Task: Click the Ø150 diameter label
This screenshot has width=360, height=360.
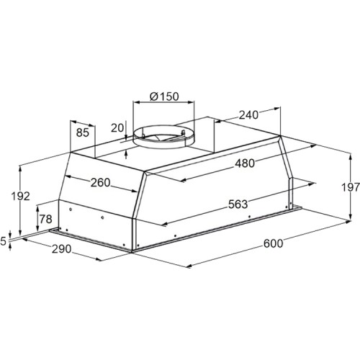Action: point(164,96)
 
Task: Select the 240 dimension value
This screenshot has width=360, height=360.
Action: point(248,115)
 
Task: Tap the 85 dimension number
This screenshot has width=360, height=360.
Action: point(83,132)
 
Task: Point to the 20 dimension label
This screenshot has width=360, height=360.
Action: point(117,128)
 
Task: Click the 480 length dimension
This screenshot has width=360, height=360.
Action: point(245,163)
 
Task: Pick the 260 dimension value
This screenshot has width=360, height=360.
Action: point(100,183)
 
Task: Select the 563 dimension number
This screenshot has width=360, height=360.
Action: point(238,204)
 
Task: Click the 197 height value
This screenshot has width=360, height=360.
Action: point(351,187)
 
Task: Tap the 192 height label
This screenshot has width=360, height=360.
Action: point(21,197)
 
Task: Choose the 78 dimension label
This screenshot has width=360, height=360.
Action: point(45,219)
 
